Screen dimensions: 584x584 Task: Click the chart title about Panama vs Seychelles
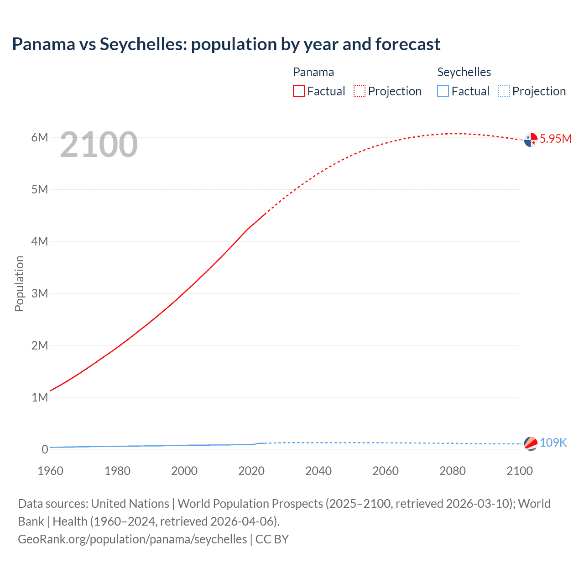226,44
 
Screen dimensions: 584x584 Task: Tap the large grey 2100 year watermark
99,145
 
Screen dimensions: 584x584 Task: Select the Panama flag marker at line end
531,140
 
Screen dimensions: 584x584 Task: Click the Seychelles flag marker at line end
531,443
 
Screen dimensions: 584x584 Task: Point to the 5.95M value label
555,139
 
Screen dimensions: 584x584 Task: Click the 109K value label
553,443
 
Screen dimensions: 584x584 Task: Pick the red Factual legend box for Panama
299,91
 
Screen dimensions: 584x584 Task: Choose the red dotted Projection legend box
360,91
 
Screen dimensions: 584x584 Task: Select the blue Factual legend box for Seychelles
443,91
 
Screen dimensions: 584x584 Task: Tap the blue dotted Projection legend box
504,91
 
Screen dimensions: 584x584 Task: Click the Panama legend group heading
313,72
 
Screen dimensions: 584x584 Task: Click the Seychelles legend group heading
464,72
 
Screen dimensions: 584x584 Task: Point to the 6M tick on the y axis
40,137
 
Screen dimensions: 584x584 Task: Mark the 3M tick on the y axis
40,293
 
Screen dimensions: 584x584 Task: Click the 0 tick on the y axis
45,449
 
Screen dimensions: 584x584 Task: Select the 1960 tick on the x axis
51,471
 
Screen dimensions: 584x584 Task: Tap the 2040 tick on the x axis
318,471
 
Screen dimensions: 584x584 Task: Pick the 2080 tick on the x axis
453,471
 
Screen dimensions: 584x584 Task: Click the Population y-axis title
19,283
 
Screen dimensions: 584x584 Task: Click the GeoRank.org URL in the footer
132,539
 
